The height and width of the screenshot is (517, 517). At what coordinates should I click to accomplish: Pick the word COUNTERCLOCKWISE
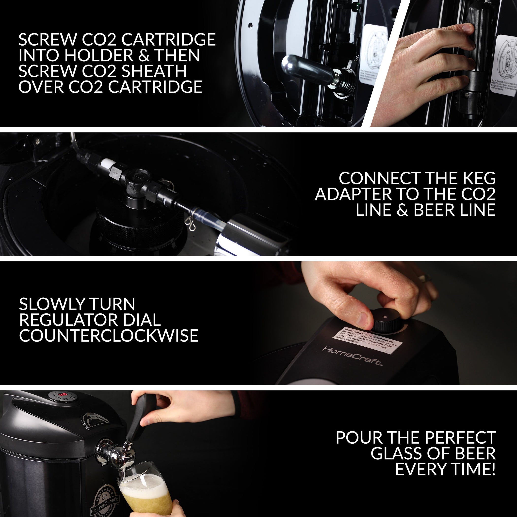pyautogui.click(x=109, y=336)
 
